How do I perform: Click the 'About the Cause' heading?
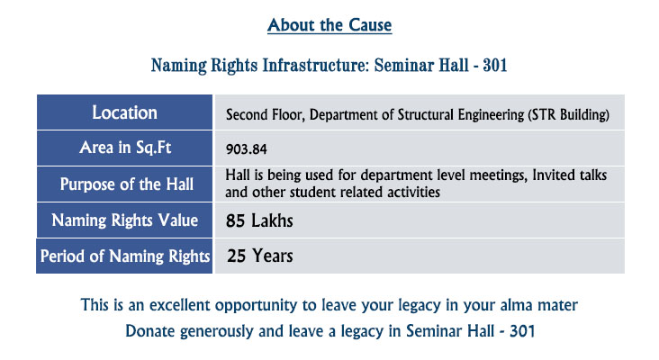(329, 25)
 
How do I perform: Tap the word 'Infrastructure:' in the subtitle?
(316, 65)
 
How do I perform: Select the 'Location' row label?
(125, 112)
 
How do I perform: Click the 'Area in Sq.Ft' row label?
(125, 148)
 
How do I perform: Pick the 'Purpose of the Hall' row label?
(127, 184)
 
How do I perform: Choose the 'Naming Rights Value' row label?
(125, 220)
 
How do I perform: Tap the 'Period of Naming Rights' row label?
(125, 256)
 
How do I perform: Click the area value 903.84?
(247, 149)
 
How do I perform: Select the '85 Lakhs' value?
(259, 220)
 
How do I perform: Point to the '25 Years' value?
(260, 256)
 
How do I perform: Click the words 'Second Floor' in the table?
(266, 114)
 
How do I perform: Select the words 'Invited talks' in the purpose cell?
(570, 175)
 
